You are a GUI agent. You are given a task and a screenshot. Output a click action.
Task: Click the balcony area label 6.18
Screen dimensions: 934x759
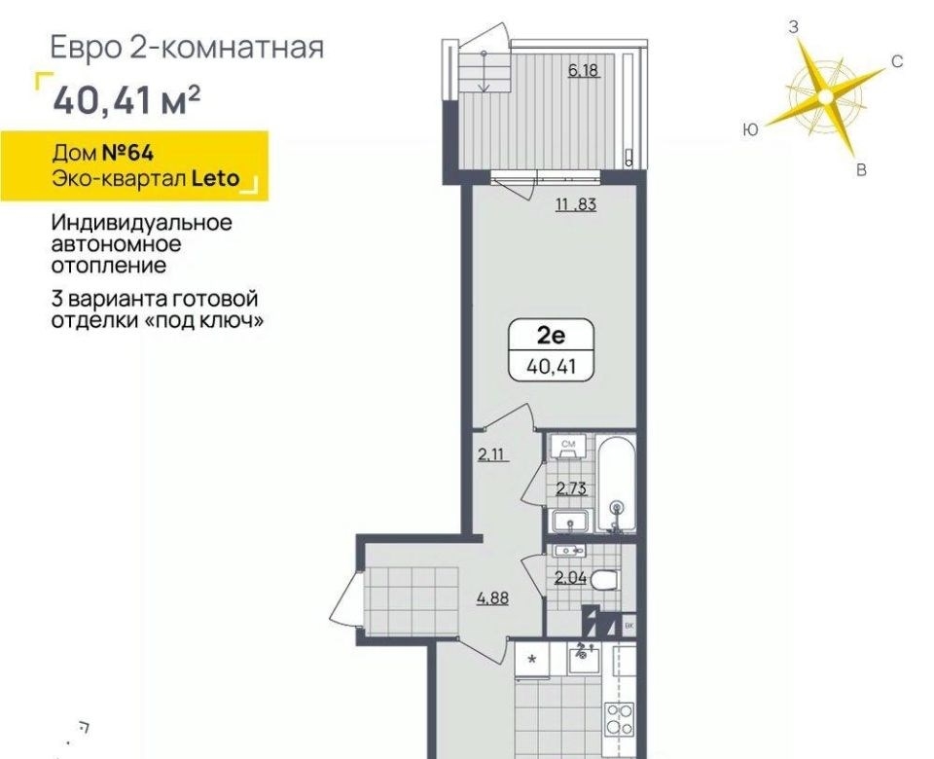click(x=583, y=70)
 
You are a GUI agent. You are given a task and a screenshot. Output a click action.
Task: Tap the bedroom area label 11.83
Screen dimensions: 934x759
click(x=575, y=205)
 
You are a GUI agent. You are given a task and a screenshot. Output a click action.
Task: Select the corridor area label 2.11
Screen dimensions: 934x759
click(x=491, y=455)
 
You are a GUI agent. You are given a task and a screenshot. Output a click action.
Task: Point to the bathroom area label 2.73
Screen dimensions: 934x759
click(x=571, y=489)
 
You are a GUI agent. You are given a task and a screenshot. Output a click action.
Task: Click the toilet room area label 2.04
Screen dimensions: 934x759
click(x=570, y=577)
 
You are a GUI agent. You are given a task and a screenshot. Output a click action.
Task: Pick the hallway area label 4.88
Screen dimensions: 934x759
click(x=492, y=597)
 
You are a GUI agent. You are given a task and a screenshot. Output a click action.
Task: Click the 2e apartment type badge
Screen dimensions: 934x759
click(x=551, y=350)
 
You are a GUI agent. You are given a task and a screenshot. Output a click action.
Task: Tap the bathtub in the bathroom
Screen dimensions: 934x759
click(x=616, y=485)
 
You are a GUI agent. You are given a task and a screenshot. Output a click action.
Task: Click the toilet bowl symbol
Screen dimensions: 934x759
click(x=607, y=579)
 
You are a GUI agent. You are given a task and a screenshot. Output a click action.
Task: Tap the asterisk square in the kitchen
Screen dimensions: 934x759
click(x=532, y=660)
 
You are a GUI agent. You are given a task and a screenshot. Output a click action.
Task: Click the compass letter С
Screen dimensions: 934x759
click(x=897, y=61)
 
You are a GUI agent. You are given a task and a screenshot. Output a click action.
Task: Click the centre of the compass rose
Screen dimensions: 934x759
click(x=825, y=96)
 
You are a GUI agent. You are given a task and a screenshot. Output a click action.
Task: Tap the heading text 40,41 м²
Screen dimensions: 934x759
click(x=126, y=100)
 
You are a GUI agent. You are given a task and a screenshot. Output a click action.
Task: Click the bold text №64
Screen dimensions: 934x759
click(x=128, y=153)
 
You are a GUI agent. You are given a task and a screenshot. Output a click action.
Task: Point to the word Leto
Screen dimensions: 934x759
click(x=215, y=178)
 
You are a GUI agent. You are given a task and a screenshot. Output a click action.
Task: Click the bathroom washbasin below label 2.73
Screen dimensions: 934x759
click(x=570, y=522)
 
